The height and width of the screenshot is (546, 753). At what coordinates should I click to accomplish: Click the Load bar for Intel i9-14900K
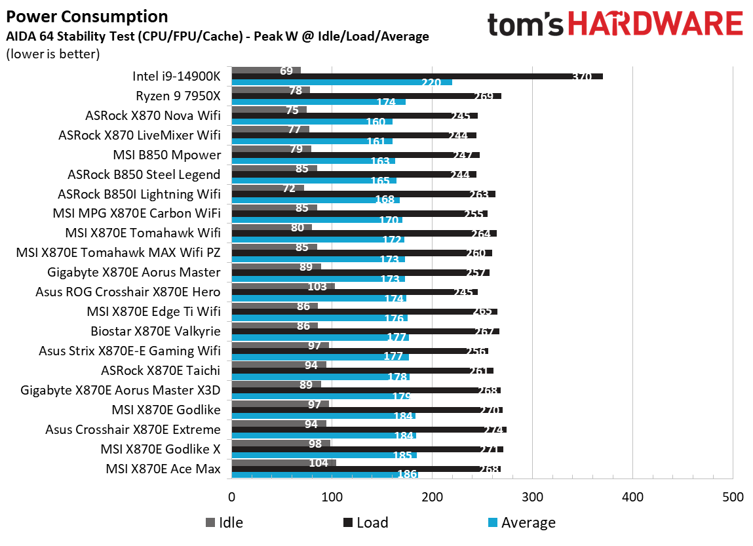pyautogui.click(x=417, y=76)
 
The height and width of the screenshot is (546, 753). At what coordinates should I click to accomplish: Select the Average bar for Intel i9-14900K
pyautogui.click(x=341, y=83)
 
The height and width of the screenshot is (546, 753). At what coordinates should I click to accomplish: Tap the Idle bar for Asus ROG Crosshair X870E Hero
pyautogui.click(x=283, y=286)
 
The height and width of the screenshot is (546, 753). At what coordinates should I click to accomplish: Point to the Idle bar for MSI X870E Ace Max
pyautogui.click(x=284, y=463)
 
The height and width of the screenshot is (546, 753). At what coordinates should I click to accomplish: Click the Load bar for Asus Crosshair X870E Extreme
pyautogui.click(x=369, y=430)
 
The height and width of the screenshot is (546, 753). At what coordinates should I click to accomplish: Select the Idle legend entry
pyautogui.click(x=224, y=522)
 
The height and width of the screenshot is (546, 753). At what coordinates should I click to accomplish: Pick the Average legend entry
pyautogui.click(x=521, y=522)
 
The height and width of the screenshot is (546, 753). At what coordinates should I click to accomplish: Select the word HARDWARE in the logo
pyautogui.click(x=655, y=24)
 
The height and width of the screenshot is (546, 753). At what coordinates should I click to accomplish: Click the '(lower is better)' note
pyautogui.click(x=52, y=54)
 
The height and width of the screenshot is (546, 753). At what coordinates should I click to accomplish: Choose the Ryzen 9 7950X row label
pyautogui.click(x=178, y=96)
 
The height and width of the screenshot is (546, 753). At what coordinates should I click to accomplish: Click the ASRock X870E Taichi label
pyautogui.click(x=161, y=371)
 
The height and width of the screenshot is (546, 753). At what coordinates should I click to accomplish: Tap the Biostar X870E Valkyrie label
pyautogui.click(x=155, y=332)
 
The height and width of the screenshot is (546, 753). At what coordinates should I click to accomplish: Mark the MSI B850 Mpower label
pyautogui.click(x=166, y=155)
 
